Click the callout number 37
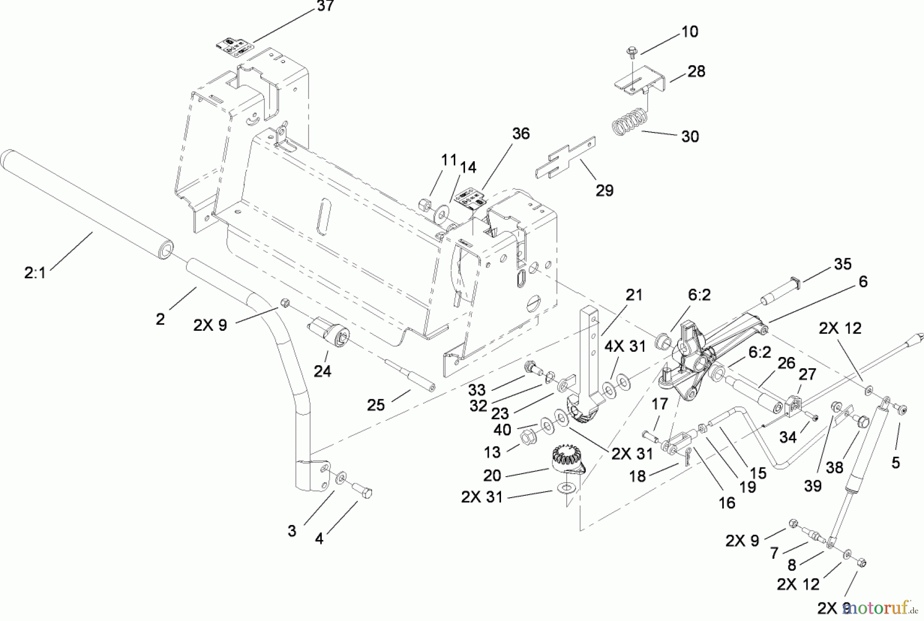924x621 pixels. tap(325, 6)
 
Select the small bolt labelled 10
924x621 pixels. tap(631, 51)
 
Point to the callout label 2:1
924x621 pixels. tap(35, 273)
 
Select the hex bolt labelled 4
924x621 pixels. tap(362, 492)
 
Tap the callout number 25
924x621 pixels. tap(376, 405)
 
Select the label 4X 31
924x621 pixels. tap(624, 347)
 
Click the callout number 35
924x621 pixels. tap(842, 264)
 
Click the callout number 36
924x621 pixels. tap(521, 134)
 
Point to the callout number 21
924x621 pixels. tap(634, 295)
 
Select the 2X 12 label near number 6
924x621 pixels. tap(840, 328)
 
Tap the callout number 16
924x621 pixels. tap(726, 503)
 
